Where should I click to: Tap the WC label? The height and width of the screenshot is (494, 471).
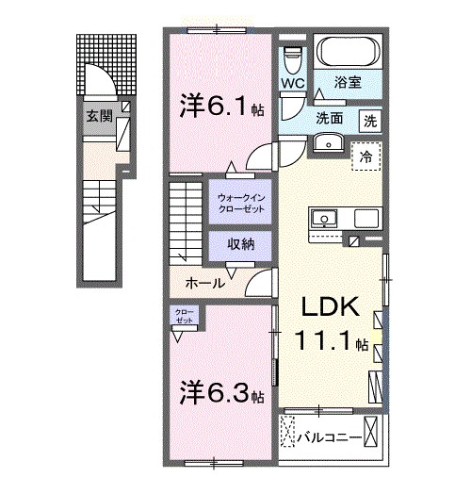click(291, 83)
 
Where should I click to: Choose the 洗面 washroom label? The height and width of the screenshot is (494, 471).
click(328, 120)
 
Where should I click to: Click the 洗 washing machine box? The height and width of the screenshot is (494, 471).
click(371, 120)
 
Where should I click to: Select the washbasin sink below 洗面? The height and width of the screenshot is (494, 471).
click(329, 142)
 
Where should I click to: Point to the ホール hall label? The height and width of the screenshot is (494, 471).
click(204, 283)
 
